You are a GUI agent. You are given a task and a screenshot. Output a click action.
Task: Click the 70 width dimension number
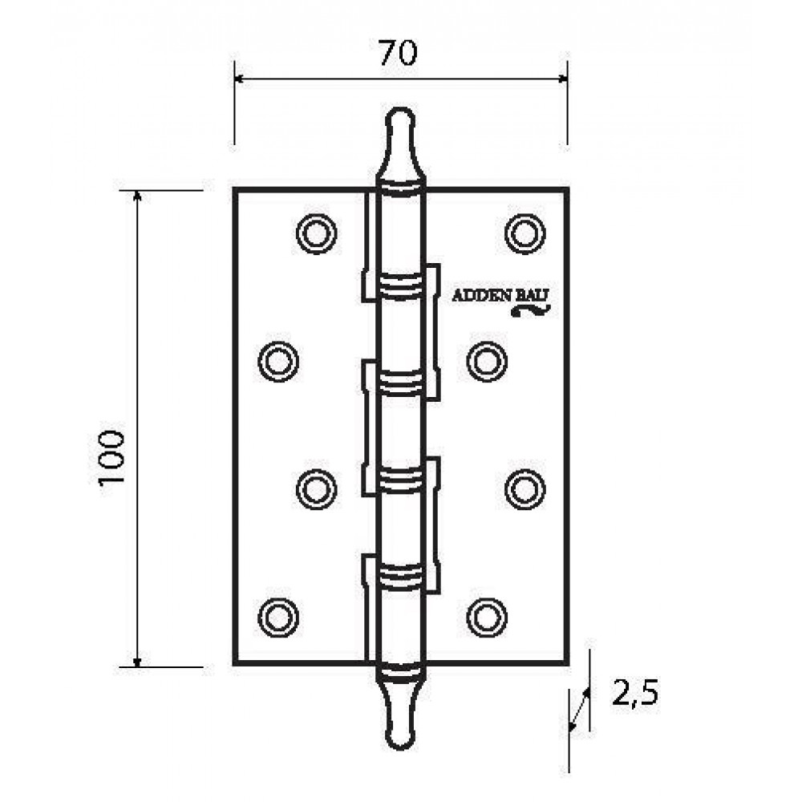[399, 53]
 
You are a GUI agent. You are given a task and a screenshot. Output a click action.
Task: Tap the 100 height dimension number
[112, 457]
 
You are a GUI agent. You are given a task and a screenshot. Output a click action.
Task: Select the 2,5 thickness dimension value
[635, 694]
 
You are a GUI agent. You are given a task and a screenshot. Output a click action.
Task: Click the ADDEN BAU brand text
[500, 296]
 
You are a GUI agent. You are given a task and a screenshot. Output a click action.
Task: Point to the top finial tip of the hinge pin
[400, 109]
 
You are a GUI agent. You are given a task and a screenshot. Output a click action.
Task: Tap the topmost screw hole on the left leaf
[317, 233]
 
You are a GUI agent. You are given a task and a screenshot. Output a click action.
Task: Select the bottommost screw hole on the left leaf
[278, 618]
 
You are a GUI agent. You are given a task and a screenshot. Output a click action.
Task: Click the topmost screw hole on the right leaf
[525, 233]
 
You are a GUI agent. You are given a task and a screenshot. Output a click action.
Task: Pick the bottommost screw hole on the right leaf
[487, 618]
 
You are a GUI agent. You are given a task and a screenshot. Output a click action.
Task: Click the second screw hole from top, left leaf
[278, 361]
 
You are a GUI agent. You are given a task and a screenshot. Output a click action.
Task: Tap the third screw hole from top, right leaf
[525, 489]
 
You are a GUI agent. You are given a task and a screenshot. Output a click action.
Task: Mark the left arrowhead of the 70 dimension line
[239, 79]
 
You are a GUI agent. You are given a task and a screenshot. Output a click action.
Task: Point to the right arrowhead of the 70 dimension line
[562, 79]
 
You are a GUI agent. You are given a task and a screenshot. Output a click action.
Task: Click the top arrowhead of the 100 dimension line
[136, 196]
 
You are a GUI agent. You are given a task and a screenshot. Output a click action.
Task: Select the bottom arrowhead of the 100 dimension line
[136, 662]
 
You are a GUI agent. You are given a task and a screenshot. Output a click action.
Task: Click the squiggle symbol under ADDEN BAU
[531, 310]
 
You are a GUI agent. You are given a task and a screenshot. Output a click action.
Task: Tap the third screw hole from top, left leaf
[317, 489]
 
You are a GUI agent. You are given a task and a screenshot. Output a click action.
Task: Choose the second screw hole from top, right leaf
[487, 361]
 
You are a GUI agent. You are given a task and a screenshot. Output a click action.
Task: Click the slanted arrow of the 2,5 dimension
[580, 710]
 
